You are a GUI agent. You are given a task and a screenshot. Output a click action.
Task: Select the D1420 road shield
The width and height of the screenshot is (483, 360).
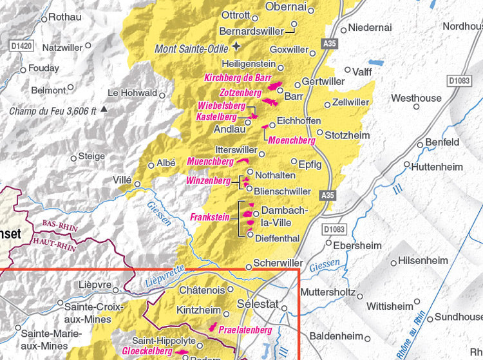pos(21,46)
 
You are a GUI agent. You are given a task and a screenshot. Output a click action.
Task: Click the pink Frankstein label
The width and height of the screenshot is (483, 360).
pos(210,218)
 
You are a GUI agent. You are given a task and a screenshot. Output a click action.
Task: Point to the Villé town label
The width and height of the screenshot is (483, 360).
pos(122,179)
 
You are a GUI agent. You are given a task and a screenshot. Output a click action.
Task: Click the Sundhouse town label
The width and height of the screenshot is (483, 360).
pos(459,317)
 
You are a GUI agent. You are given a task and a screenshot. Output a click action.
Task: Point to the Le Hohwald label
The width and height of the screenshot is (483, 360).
pos(132,93)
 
